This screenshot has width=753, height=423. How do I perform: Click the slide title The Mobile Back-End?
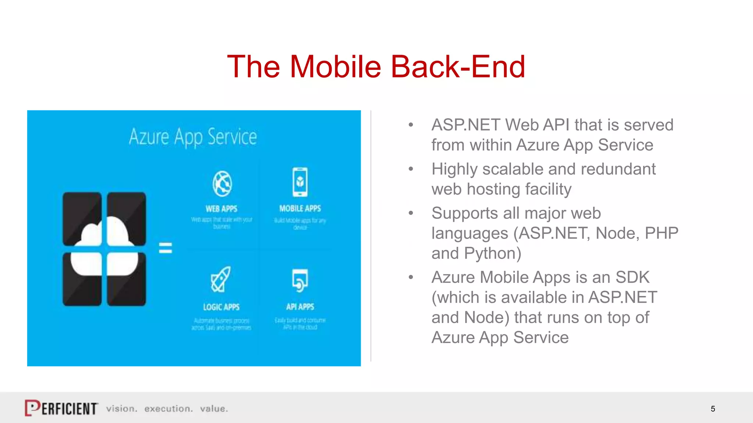point(376,66)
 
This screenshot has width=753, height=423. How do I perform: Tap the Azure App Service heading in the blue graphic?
point(193,137)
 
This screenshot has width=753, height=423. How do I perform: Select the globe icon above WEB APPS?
point(222,184)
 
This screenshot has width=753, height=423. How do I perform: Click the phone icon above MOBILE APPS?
point(300,182)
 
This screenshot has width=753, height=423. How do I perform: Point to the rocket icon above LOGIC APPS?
point(221,279)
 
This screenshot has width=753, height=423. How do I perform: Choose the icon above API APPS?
point(300,281)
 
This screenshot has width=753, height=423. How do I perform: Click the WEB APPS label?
point(221,209)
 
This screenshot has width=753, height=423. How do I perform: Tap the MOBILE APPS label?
point(300,209)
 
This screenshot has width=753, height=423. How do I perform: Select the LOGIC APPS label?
point(221,307)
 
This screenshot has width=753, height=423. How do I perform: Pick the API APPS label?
point(300,307)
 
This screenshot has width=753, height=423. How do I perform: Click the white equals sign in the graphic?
point(165,248)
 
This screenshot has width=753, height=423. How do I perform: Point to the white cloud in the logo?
point(104,245)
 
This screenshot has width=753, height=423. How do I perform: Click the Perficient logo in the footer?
point(61,408)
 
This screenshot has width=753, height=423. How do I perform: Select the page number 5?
point(713,409)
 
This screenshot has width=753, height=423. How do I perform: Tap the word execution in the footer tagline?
point(168,409)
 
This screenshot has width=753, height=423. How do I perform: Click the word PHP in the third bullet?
point(661,233)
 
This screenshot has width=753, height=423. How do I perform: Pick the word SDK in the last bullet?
point(632,277)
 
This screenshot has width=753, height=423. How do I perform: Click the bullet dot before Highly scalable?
point(411,169)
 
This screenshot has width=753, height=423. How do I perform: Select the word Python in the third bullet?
point(492,253)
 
